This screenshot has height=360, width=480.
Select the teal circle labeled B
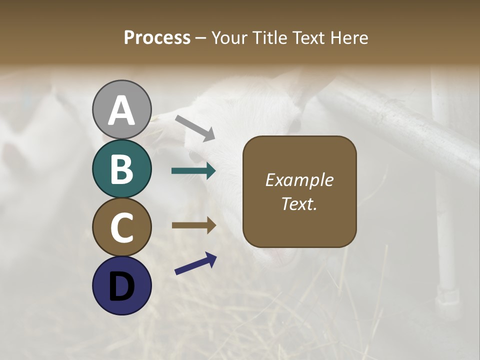122,169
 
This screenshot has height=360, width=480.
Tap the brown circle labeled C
122,227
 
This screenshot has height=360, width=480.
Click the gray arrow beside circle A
195,127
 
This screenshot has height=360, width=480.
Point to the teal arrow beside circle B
193,171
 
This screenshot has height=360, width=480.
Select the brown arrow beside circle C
193,225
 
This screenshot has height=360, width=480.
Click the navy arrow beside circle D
195,263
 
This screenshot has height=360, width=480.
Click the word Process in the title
157,37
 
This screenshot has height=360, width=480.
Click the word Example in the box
299,180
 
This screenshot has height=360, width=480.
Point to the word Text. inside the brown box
299,203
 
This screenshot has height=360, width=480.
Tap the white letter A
122,111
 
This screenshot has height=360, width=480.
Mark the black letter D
122,286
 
